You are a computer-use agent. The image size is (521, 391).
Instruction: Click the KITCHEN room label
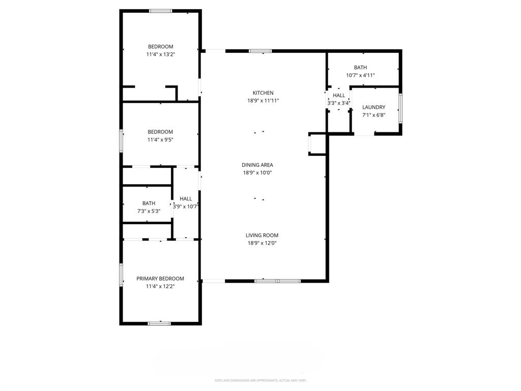tap(263, 93)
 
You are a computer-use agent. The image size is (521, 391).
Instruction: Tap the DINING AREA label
tap(257, 164)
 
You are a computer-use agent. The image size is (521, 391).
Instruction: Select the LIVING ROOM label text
tap(262, 235)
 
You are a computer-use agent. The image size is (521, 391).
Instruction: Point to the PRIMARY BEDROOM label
tap(160, 278)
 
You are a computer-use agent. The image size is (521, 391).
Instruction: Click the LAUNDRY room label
tap(373, 107)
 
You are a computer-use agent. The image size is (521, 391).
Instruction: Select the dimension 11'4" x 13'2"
tap(161, 54)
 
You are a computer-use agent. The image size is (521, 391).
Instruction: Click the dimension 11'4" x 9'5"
tap(160, 139)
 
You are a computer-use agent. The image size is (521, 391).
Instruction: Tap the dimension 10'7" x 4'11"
tap(360, 75)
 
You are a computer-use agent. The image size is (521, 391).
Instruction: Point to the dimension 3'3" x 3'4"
tap(339, 103)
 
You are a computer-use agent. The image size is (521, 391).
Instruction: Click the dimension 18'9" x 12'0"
tap(262, 243)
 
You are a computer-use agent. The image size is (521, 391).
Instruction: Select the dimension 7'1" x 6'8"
tap(373, 115)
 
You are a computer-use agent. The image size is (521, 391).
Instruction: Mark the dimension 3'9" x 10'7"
tap(186, 207)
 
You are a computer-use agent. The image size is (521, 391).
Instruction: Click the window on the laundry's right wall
tap(400, 108)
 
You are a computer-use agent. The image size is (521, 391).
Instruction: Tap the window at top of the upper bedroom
tap(160, 11)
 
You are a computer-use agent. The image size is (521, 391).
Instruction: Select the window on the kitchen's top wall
tap(260, 51)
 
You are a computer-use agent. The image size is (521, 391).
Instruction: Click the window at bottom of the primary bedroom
tap(159, 323)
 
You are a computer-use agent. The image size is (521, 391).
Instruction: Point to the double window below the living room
tap(277, 280)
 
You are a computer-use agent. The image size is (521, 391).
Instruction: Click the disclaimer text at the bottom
tap(260, 380)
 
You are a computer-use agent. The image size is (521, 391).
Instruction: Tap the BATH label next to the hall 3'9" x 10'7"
tap(149, 203)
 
